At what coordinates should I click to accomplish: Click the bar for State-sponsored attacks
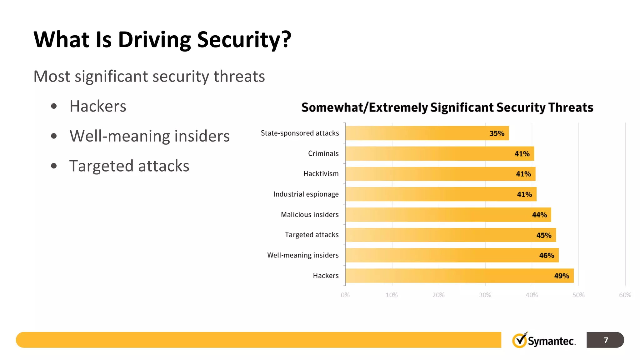coord(427,133)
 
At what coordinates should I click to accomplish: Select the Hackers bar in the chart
coord(459,276)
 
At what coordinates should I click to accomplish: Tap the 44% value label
coord(539,215)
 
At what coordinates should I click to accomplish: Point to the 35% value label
coord(497,133)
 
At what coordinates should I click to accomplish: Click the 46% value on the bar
coord(546,256)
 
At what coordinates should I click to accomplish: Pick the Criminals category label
coord(323,153)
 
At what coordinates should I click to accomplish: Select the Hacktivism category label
coord(321,174)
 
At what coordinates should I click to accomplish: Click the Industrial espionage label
coord(306,194)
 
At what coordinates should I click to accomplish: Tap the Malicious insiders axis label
coord(309,215)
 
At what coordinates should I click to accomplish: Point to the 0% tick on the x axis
coord(345,295)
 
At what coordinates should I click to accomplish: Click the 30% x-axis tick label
coord(485,295)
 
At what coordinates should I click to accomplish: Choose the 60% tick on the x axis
coord(625,295)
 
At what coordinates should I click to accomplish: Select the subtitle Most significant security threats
coord(149,77)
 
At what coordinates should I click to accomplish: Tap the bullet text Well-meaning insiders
coord(149,136)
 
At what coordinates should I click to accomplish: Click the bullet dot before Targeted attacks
coord(54,166)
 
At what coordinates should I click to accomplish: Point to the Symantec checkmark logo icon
coord(519,340)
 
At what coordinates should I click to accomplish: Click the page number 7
coord(606,340)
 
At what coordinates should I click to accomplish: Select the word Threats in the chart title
coord(570,107)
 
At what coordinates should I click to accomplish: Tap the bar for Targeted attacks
coord(450,235)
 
